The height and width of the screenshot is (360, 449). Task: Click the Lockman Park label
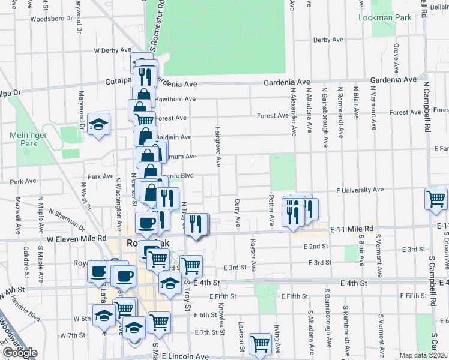385,17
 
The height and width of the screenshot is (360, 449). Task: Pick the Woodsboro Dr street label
47,19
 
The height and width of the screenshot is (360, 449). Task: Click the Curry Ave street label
238,213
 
